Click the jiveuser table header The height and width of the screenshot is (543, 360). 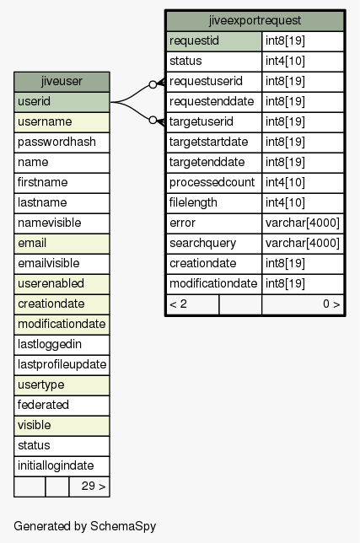[x=62, y=82]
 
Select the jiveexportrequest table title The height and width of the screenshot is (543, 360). [x=255, y=20]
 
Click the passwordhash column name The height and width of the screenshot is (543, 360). [x=56, y=142]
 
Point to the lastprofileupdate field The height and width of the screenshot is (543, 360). [x=62, y=364]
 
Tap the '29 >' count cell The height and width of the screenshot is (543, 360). [x=89, y=487]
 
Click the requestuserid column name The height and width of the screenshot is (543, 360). [x=206, y=82]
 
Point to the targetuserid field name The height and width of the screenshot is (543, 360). [x=201, y=122]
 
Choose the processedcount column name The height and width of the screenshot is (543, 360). [x=212, y=182]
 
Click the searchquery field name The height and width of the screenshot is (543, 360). [x=203, y=244]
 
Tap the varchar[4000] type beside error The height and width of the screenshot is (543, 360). [x=303, y=223]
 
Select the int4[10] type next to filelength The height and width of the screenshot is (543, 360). [x=285, y=203]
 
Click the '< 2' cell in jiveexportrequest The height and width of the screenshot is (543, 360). [x=192, y=304]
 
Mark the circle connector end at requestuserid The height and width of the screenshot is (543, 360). [x=153, y=84]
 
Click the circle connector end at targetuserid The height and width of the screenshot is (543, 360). [x=153, y=121]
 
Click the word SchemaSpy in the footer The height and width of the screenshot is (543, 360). [x=123, y=526]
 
